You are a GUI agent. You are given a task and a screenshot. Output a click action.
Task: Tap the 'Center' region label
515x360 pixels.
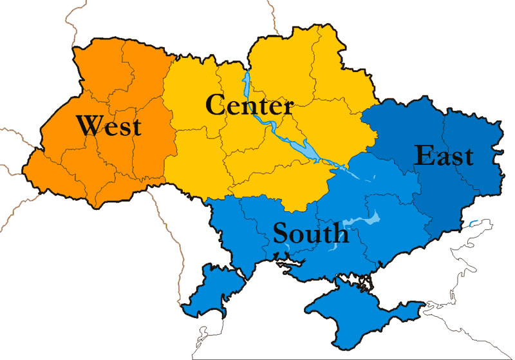click(x=250, y=104)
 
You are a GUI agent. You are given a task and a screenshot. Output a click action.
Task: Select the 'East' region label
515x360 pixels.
click(x=444, y=155)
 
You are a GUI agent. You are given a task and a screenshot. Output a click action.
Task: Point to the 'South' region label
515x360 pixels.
click(x=311, y=232)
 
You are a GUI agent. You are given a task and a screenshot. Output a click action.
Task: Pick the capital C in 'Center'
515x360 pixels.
click(x=216, y=104)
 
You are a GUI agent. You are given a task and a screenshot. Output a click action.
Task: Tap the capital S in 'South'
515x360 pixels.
click(x=281, y=232)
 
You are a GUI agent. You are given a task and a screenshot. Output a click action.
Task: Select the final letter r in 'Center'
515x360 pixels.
click(x=288, y=106)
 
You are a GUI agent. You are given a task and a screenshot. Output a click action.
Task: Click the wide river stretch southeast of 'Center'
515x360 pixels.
click(x=308, y=152)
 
